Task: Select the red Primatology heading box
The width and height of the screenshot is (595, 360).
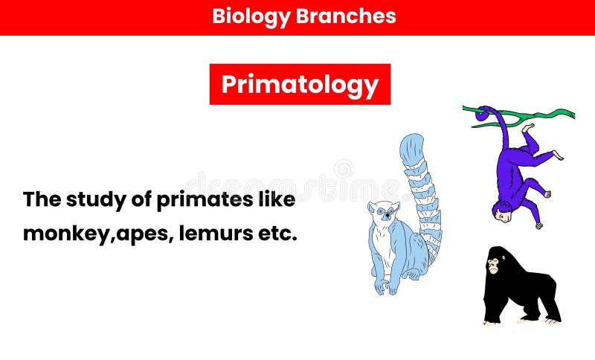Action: [300, 84]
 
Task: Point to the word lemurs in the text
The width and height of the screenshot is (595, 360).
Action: [216, 234]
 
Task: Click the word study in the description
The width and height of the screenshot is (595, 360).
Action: [93, 200]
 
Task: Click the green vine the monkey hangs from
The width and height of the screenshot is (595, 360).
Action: [550, 115]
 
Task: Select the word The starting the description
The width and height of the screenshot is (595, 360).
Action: [42, 200]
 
